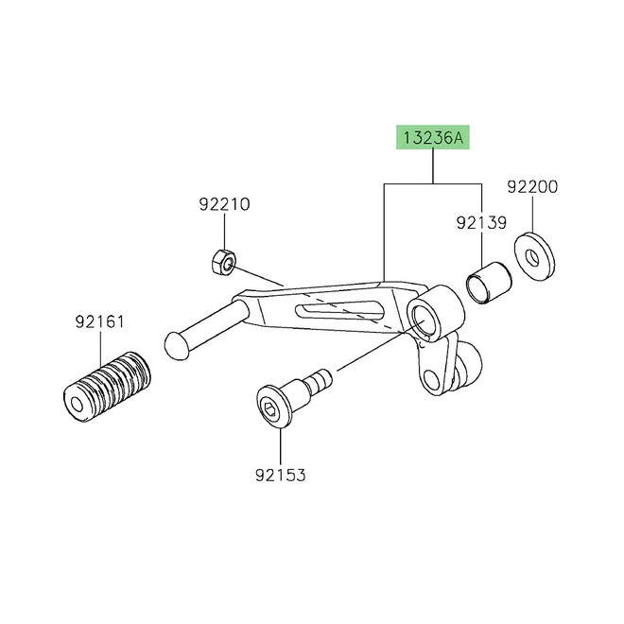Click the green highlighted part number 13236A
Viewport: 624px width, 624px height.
coord(432,140)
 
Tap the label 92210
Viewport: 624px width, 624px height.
coord(224,204)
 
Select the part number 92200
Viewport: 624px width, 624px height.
coord(532,187)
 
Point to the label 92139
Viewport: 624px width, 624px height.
coord(481,224)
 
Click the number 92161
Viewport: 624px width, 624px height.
coord(98,321)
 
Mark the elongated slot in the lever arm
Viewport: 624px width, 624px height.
coord(339,309)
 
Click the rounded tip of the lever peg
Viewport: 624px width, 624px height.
coord(177,343)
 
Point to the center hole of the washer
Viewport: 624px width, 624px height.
coord(533,256)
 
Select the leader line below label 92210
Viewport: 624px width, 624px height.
coord(224,232)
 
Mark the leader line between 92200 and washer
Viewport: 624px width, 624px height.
coord(532,213)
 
